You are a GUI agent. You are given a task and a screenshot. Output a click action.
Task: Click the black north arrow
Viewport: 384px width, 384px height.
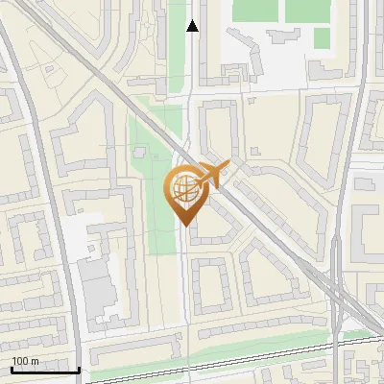tap(193, 26)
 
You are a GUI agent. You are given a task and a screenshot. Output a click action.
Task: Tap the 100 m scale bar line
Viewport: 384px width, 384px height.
tap(45, 371)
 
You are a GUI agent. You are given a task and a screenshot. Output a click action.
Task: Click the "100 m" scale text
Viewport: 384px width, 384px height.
tap(25, 361)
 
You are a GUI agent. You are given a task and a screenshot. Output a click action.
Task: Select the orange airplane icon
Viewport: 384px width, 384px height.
tap(213, 175)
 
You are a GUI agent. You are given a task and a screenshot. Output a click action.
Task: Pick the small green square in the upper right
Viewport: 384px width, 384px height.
tap(322, 37)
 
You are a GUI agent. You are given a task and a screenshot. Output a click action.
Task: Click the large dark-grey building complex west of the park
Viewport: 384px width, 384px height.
tap(97, 288)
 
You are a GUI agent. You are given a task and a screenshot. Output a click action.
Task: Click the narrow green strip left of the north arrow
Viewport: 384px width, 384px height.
tap(178, 48)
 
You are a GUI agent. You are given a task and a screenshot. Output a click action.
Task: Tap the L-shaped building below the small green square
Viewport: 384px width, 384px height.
tap(323, 68)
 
